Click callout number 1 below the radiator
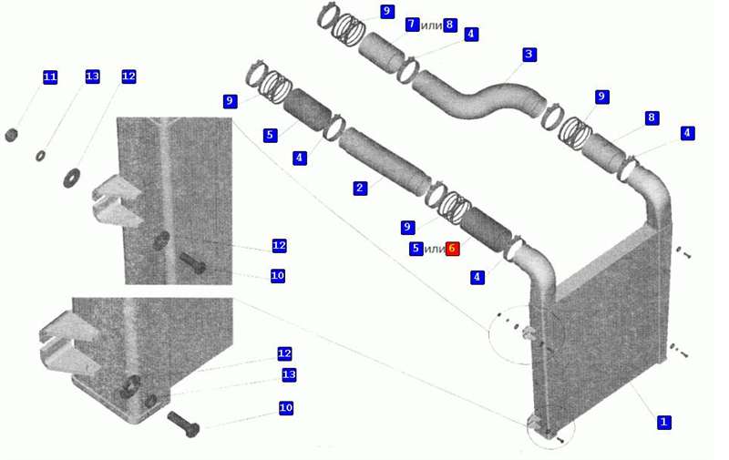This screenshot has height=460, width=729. coord(663,422)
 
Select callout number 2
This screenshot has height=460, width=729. coord(360,188)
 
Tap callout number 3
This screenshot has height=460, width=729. coord(529,55)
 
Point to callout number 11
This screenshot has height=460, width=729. coord(50,77)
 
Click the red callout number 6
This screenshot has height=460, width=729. coord(452,249)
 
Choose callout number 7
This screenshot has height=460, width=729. coord(412,25)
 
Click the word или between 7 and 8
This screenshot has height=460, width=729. coord(431,26)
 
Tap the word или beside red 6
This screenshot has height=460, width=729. coord(435,250)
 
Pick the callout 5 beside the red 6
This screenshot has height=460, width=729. coord(416,249)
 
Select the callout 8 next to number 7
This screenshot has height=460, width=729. coord(449,25)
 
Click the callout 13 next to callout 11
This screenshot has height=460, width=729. coord(93,77)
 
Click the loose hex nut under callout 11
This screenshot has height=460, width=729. coord(11,135)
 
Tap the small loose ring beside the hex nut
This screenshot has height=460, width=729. coord(40,156)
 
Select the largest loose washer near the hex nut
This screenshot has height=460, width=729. coord(72,178)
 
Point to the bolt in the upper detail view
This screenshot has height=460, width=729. coord(192,263)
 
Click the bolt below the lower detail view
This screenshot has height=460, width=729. coord(183,424)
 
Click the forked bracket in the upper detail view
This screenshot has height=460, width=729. coord(118,200)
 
